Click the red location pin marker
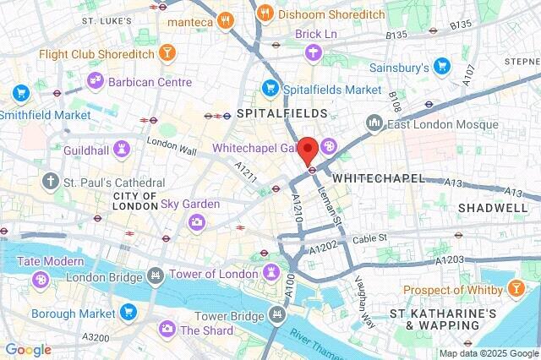310,150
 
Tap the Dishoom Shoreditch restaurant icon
265,14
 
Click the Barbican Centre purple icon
96,81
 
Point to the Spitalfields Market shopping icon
270,87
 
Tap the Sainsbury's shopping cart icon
441,65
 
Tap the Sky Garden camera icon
197,221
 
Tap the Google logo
28,350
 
